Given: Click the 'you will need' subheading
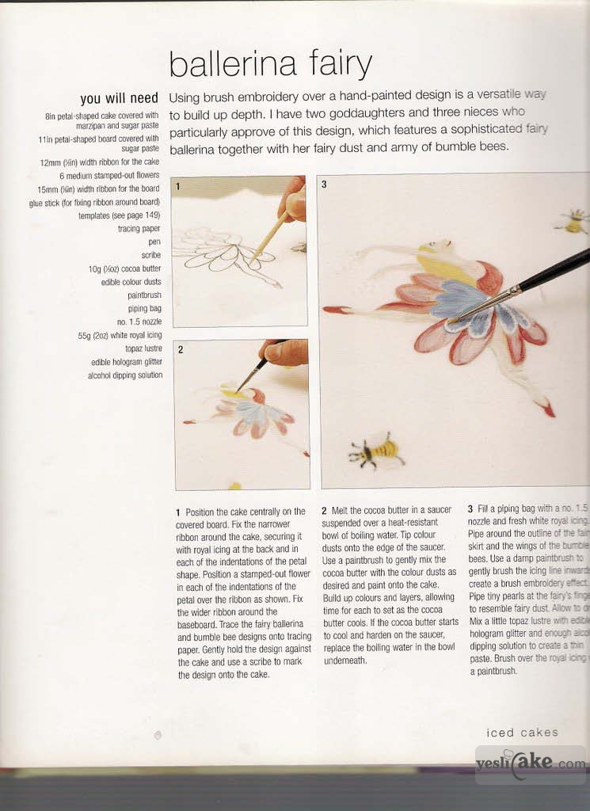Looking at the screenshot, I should pos(119,99).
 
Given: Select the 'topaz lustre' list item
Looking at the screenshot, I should pos(143,348).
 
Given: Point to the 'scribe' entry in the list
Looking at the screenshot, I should pos(150,255).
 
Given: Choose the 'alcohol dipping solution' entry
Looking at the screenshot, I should pos(124,375).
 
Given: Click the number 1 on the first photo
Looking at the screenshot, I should pos(179,187).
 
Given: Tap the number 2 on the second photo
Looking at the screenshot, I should pos(180,349).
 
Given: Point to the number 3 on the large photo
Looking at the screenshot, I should pos(325,185).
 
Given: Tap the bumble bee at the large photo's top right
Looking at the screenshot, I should pos(573,221).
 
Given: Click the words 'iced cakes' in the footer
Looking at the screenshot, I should pos(522,733).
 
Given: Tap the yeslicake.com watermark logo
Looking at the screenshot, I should pos(530,765).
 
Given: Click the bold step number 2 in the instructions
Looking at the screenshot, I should pos(324,512).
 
